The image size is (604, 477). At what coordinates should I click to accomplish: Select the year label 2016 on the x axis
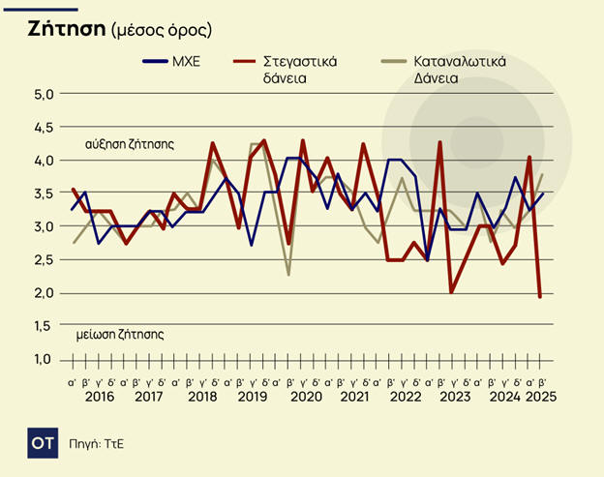pos(99,397)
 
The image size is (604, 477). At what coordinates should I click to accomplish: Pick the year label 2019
pos(253,397)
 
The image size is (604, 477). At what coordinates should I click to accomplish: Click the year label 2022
pos(405,397)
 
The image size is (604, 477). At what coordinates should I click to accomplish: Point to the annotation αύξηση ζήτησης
pos(129,143)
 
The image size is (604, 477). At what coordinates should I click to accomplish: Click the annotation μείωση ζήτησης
pos(119,335)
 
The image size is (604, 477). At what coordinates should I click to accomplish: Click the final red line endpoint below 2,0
pos(539,296)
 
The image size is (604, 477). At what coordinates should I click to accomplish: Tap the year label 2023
pos(455,397)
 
